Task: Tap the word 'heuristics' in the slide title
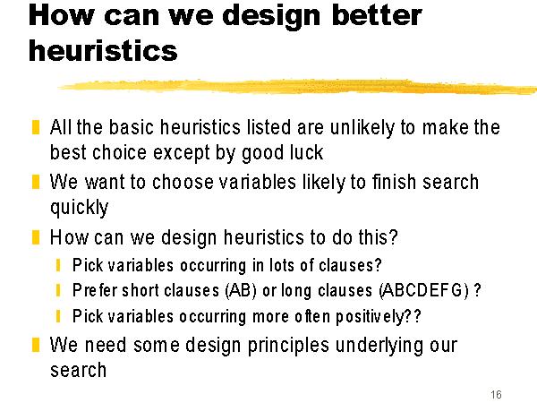click(103, 51)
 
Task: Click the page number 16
click(496, 394)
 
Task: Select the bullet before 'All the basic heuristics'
click(36, 127)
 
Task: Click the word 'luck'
click(306, 152)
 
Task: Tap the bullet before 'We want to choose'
click(36, 182)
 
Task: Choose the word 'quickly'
click(79, 208)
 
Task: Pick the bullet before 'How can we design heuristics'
click(36, 237)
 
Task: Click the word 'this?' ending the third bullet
click(378, 237)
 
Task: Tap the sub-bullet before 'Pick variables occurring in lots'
click(58, 265)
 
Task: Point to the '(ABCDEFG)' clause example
click(424, 290)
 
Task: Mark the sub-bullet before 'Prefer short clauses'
click(58, 290)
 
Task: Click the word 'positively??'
click(378, 316)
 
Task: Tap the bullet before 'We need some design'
click(36, 345)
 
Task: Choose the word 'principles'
click(288, 346)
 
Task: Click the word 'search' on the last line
click(79, 370)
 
